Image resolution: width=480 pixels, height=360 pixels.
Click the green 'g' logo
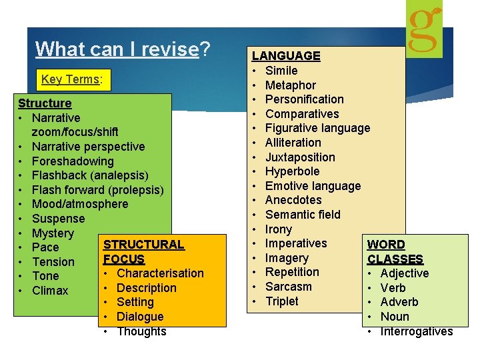424,29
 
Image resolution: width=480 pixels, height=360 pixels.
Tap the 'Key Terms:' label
71,79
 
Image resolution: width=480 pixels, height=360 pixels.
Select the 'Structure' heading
45,103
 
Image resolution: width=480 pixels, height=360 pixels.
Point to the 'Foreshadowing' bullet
73,161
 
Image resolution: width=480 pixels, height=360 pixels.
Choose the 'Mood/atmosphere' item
80,204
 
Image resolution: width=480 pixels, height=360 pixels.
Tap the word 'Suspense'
59,219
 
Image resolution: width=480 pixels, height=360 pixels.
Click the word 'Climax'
50,291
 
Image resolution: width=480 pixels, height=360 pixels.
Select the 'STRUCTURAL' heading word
143,245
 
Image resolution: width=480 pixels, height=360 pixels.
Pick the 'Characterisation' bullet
160,273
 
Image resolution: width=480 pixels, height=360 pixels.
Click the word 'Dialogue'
140,317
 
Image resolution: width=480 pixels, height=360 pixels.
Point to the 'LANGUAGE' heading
286,56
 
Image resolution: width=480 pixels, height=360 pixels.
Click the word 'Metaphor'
291,85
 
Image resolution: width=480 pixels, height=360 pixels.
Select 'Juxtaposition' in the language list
300,157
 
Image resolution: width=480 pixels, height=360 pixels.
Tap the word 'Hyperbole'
292,171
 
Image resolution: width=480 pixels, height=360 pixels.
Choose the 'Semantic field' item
303,215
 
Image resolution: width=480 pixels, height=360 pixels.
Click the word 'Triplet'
282,301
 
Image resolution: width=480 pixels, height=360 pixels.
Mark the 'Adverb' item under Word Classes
399,302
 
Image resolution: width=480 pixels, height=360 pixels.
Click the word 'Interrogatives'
417,331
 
